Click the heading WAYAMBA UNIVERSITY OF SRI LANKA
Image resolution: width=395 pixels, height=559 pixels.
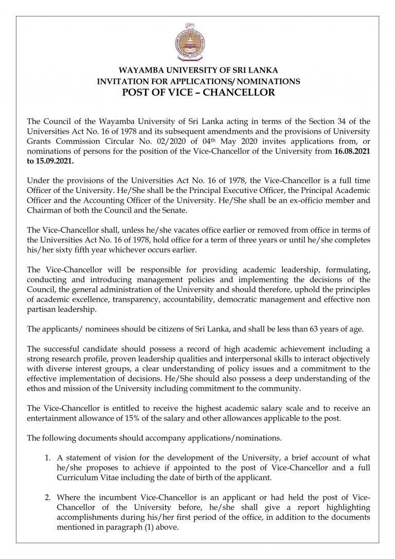click(198, 71)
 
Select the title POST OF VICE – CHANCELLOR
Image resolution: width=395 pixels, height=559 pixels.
click(198, 93)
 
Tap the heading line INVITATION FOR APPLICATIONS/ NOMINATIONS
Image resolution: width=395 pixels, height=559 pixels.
click(198, 81)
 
